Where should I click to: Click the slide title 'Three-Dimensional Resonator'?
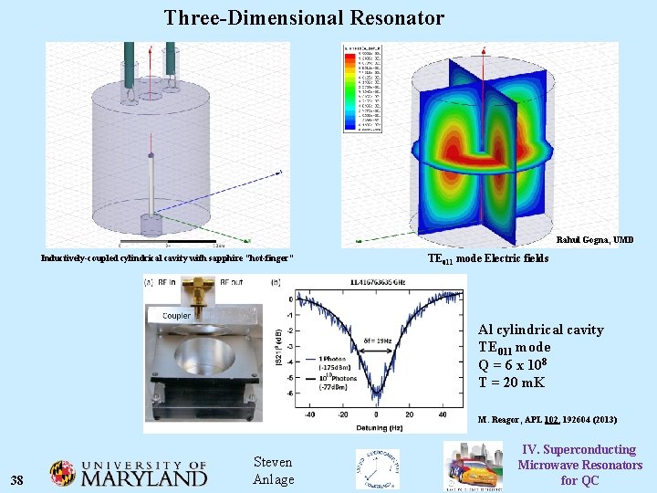point(304,18)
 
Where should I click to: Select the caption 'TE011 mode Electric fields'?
point(488,259)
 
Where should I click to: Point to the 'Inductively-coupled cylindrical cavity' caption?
point(167,258)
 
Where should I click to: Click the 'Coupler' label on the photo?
point(176,316)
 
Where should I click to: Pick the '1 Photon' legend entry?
point(332,358)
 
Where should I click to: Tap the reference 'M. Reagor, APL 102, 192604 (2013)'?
point(547,420)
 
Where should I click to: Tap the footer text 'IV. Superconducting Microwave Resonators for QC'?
point(579,465)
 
